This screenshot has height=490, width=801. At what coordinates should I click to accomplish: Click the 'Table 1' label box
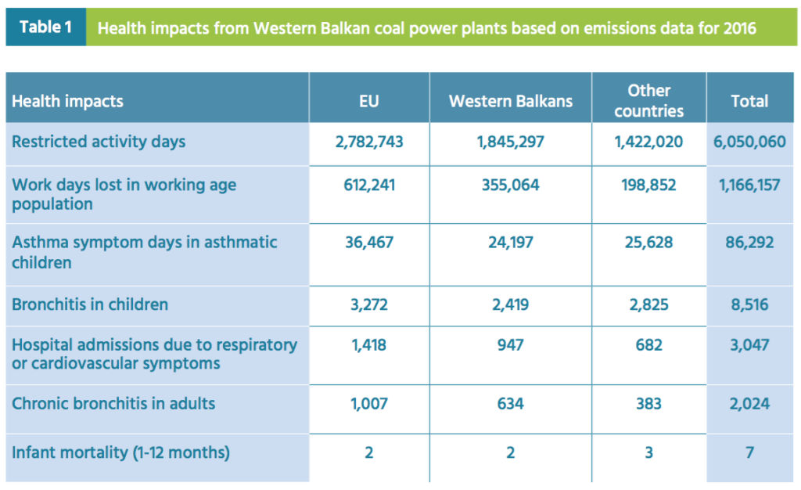(46, 27)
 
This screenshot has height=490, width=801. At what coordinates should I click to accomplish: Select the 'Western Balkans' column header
(510, 101)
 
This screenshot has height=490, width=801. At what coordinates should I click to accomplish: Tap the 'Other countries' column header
(648, 101)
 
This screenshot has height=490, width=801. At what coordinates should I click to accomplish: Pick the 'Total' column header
(749, 101)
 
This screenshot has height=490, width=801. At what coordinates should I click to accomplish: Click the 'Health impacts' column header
(67, 101)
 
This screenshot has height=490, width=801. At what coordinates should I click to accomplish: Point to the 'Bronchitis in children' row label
(90, 304)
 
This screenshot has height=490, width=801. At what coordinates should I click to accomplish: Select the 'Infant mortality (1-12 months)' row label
(120, 452)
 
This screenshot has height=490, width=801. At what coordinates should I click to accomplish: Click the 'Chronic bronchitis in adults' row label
(113, 404)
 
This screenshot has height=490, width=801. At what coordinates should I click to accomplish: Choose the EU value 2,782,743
(369, 142)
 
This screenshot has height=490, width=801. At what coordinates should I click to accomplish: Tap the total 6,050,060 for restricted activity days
(749, 142)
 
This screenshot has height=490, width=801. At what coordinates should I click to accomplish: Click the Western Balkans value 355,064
(510, 185)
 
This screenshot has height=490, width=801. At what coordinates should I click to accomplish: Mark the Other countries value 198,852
(648, 185)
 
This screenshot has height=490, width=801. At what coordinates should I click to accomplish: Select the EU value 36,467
(369, 242)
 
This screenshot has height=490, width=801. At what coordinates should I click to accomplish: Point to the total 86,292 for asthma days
(749, 242)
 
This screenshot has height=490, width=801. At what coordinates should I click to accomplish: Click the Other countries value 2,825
(648, 304)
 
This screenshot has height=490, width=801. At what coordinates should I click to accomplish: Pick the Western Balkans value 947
(510, 345)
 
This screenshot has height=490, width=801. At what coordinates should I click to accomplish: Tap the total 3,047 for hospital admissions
(749, 345)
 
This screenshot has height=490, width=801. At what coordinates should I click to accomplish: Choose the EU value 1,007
(369, 404)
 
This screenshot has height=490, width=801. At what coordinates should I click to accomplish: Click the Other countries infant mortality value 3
(648, 452)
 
